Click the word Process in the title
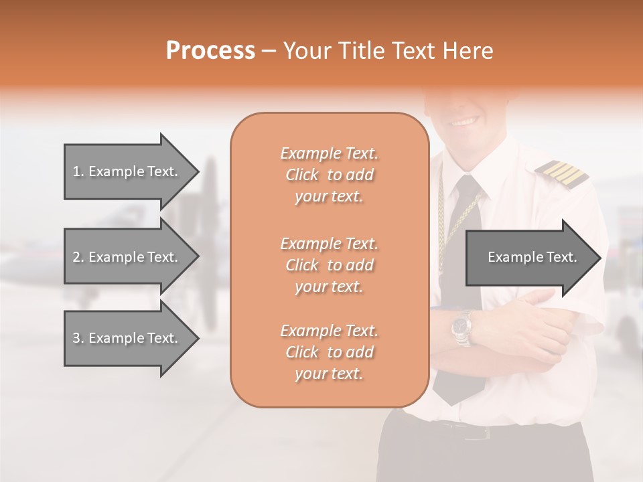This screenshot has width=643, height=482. click(210, 50)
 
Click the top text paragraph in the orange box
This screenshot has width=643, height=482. click(329, 175)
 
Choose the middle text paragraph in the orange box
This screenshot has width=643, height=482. click(329, 265)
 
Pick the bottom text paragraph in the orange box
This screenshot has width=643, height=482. click(329, 352)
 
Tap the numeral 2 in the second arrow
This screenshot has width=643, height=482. click(76, 257)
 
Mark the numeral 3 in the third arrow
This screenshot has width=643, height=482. click(76, 338)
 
